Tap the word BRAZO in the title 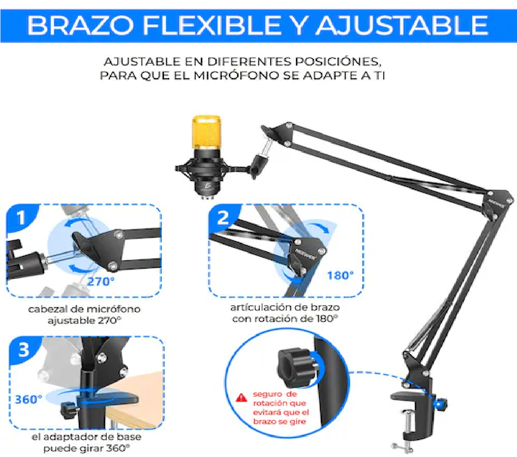[80, 25]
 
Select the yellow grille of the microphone [207, 132]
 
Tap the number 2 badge [223, 218]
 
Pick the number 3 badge [24, 350]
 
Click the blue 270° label [101, 282]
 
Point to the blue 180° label [340, 276]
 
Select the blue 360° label [28, 399]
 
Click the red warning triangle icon [241, 398]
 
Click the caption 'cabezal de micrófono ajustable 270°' [85, 315]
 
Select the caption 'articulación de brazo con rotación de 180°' [285, 313]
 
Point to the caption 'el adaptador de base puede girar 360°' [86, 443]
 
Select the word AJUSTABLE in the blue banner [402, 25]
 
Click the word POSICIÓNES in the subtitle [338, 61]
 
